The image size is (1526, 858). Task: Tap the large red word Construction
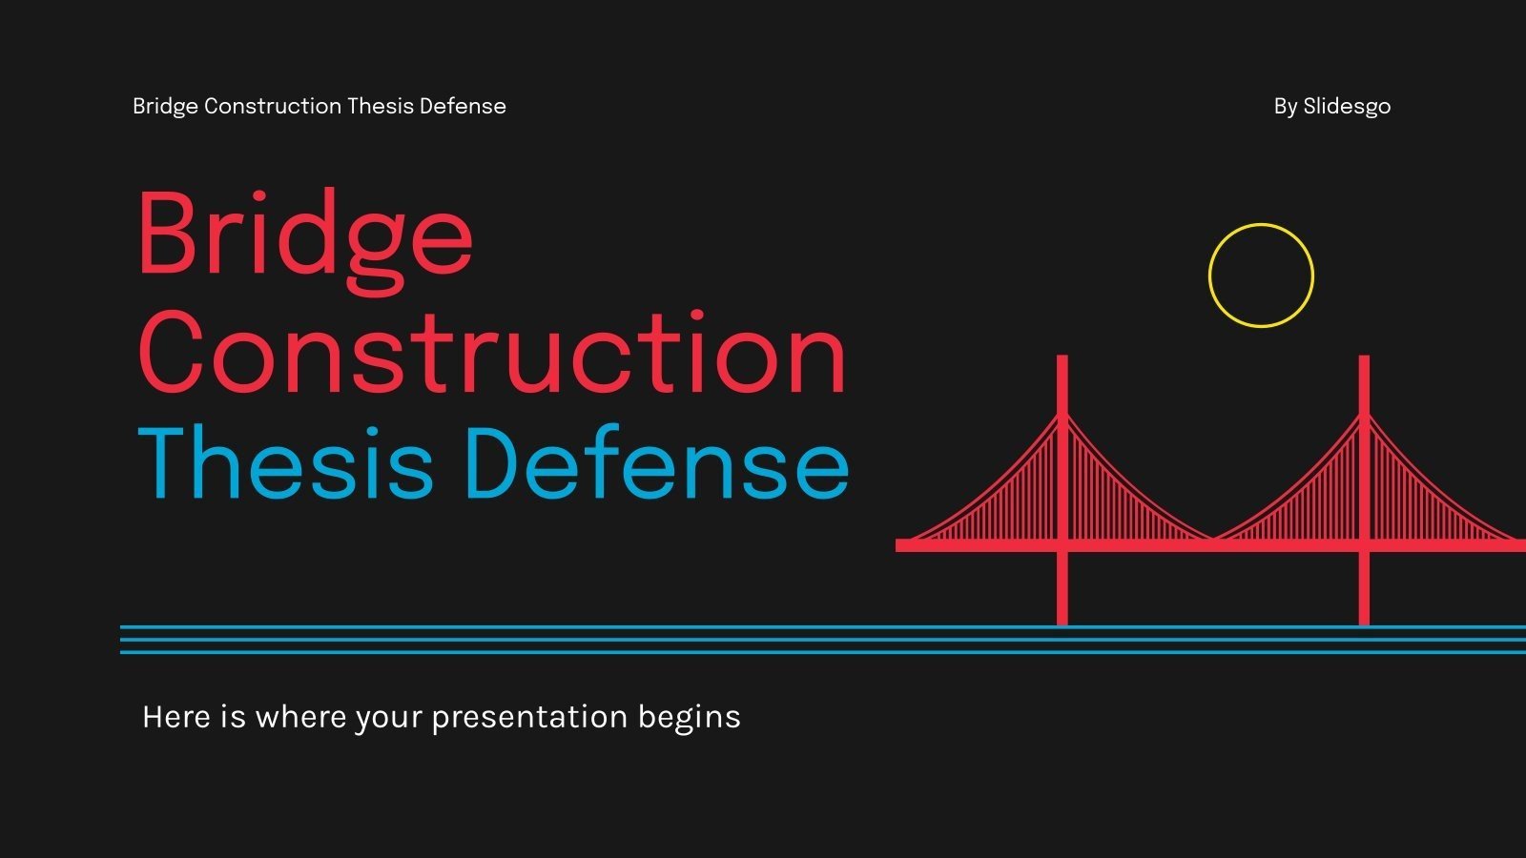click(x=492, y=353)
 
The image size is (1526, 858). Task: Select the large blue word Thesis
click(x=286, y=464)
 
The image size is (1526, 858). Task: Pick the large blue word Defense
click(x=657, y=464)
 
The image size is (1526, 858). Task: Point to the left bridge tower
click(x=1062, y=477)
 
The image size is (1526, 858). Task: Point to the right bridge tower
click(x=1364, y=477)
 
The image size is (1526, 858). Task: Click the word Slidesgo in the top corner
click(x=1347, y=107)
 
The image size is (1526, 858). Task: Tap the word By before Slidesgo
click(x=1285, y=107)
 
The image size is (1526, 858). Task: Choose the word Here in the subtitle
click(x=176, y=717)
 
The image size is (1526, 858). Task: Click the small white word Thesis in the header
click(x=380, y=106)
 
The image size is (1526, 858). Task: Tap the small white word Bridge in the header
click(x=165, y=106)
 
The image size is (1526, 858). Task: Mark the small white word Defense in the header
click(x=463, y=106)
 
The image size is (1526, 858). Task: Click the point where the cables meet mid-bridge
click(x=1213, y=540)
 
